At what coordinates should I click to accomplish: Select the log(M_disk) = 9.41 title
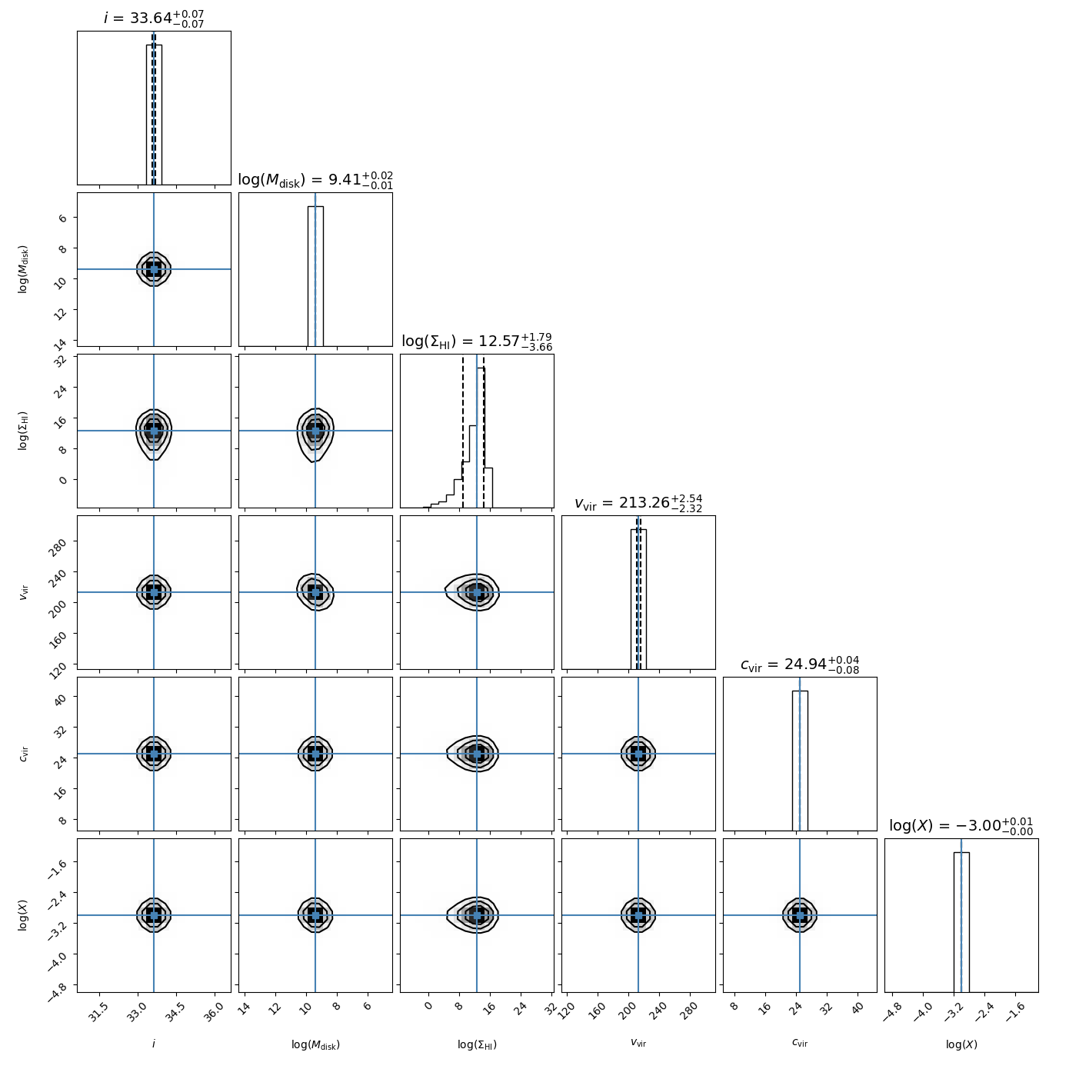coord(315,179)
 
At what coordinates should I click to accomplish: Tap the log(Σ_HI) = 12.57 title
coord(477,341)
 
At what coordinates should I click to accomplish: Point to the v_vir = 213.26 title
coord(638,503)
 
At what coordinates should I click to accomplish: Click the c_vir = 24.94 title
coord(800,664)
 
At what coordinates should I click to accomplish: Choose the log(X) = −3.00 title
coord(961,825)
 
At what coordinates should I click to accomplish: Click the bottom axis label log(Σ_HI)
coord(477,1044)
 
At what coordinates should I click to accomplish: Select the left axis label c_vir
coord(24,754)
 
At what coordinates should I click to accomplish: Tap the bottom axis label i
coord(154,1044)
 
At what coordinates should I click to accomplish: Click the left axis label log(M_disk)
coord(24,269)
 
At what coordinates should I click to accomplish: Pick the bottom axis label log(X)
coord(961,1044)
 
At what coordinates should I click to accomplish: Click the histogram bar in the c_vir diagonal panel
coord(800,761)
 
